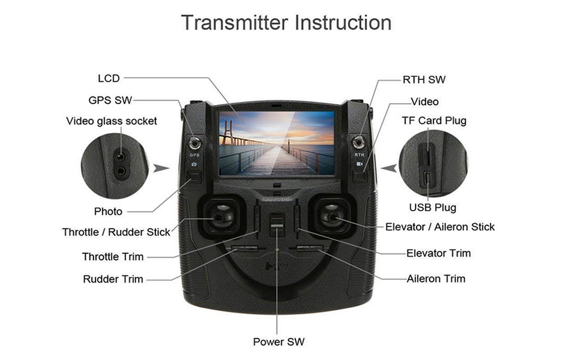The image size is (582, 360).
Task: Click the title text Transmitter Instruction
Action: (x=286, y=23)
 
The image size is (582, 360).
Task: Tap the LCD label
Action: (x=109, y=78)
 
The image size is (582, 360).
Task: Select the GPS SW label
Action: (x=110, y=100)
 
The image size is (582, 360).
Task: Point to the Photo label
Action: (x=108, y=211)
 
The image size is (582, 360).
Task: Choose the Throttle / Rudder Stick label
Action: (x=116, y=232)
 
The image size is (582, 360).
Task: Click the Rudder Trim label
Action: (x=113, y=279)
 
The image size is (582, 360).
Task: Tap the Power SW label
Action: (x=278, y=342)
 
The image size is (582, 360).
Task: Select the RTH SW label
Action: (x=424, y=80)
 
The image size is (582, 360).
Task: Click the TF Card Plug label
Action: (x=434, y=121)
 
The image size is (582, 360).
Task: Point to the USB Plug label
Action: (x=433, y=208)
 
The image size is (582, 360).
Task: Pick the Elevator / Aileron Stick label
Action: (x=440, y=227)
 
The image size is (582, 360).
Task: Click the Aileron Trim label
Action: (x=436, y=278)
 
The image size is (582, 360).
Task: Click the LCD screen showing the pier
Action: (x=276, y=143)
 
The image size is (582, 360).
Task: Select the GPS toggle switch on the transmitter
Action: (x=194, y=143)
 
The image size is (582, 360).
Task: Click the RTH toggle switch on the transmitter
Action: (x=359, y=143)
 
